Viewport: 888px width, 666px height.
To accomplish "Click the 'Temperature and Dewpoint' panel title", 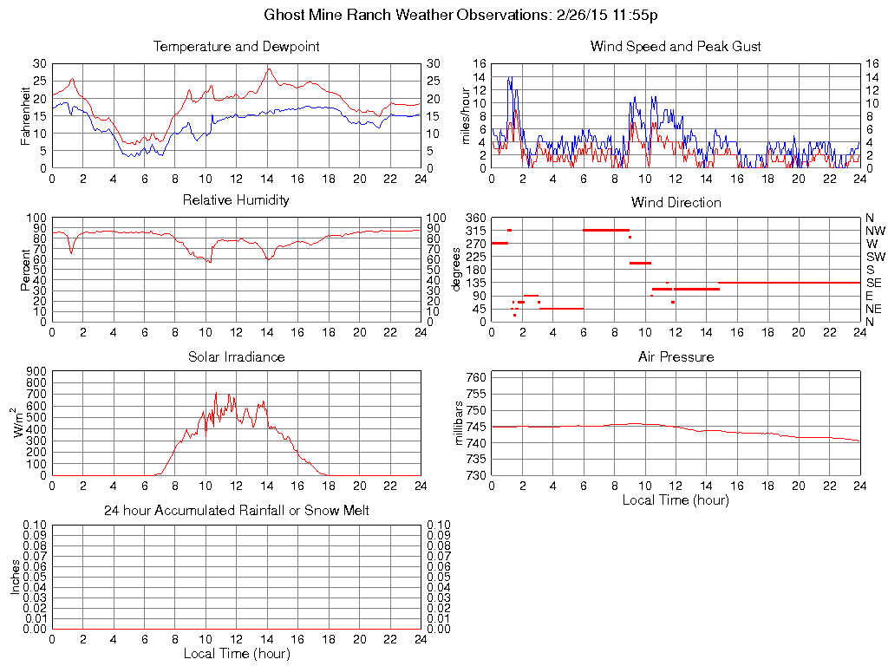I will click(236, 47).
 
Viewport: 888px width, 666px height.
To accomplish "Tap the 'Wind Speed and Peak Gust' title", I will click(676, 47).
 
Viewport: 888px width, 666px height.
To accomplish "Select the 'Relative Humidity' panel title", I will click(236, 200).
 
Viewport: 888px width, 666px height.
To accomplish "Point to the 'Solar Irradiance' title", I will click(236, 357).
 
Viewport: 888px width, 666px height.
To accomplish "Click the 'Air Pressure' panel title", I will click(676, 357).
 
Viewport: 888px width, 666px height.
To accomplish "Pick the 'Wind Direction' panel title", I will click(676, 203).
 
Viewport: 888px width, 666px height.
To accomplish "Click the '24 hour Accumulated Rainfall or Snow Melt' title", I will click(236, 511).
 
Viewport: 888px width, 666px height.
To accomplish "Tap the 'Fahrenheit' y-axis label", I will click(25, 115).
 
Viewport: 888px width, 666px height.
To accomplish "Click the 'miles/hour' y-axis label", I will click(466, 115).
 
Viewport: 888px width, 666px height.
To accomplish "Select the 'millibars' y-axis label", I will click(460, 424).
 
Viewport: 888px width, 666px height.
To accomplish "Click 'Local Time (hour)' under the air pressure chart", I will click(676, 499).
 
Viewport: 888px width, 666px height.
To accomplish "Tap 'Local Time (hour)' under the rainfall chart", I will click(236, 653).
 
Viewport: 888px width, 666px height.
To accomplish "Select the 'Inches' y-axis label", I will click(15, 578).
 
